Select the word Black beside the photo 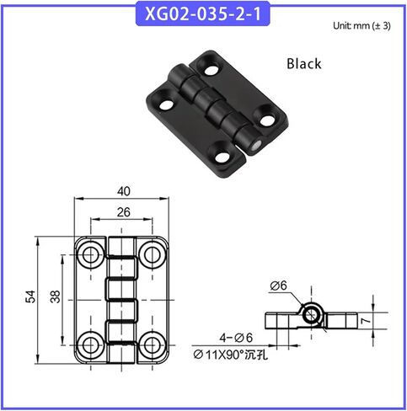click(304, 63)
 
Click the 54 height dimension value click(31, 296)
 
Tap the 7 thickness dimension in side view click(386, 322)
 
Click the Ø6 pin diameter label click(279, 286)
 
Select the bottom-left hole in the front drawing click(89, 341)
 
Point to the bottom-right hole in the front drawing click(151, 341)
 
